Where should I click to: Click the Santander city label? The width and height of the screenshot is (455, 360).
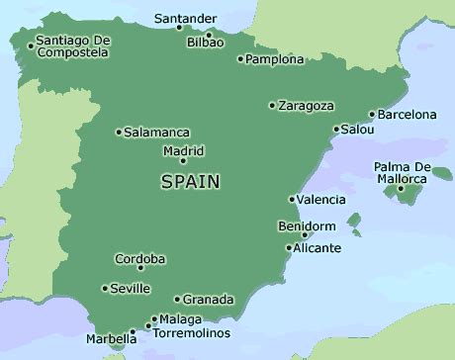pyautogui.click(x=187, y=17)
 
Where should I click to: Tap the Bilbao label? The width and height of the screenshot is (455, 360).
pyautogui.click(x=206, y=43)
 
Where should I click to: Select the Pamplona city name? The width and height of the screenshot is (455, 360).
pyautogui.click(x=275, y=59)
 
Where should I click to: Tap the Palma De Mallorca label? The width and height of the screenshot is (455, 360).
pyautogui.click(x=401, y=172)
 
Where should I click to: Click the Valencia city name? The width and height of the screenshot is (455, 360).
pyautogui.click(x=321, y=200)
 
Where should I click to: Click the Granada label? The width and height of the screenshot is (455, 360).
pyautogui.click(x=210, y=299)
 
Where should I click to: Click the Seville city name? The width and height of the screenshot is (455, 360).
pyautogui.click(x=131, y=289)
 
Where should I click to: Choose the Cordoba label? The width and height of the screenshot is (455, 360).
pyautogui.click(x=140, y=259)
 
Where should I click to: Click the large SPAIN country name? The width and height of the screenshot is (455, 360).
pyautogui.click(x=190, y=182)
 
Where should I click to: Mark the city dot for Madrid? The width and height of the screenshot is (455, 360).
pyautogui.click(x=183, y=161)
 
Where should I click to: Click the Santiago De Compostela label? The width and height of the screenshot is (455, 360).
pyautogui.click(x=71, y=46)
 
